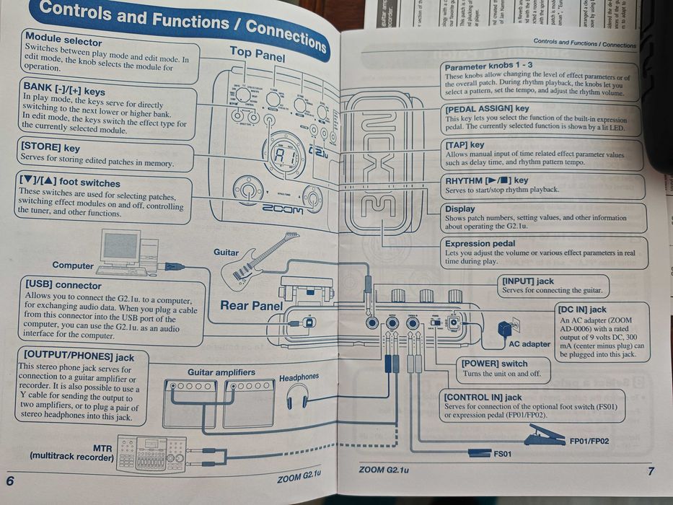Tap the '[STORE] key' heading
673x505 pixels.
tap(50, 148)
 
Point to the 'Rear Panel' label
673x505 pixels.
tap(251, 305)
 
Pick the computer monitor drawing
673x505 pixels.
tap(120, 247)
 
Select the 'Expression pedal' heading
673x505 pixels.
tap(480, 244)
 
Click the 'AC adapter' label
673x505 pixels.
tap(529, 344)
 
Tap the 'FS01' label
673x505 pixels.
tap(502, 454)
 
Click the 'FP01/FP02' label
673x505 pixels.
tap(589, 442)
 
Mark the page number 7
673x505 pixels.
tap(651, 471)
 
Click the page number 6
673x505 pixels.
tap(10, 481)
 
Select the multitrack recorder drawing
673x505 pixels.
tap(152, 453)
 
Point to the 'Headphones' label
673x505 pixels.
tap(299, 377)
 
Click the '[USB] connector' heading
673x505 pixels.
tap(63, 285)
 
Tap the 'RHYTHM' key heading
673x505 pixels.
tap(486, 180)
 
